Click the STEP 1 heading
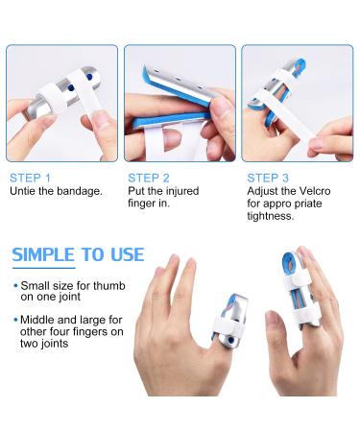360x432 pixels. [x=30, y=178]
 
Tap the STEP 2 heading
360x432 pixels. [x=149, y=178]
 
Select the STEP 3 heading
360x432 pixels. [x=268, y=178]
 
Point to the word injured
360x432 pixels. [x=181, y=191]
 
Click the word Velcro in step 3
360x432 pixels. [x=314, y=191]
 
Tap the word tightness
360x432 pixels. [x=271, y=216]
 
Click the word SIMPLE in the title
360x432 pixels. [x=43, y=254]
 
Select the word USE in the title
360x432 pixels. [x=128, y=254]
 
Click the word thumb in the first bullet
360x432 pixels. [x=109, y=285]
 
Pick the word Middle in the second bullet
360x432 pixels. [x=36, y=320]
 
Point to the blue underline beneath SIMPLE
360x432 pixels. [x=44, y=268]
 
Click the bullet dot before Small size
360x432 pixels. [x=15, y=286]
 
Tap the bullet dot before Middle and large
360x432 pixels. [x=15, y=320]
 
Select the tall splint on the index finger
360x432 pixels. [x=297, y=290]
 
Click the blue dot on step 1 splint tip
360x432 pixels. [x=89, y=77]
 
